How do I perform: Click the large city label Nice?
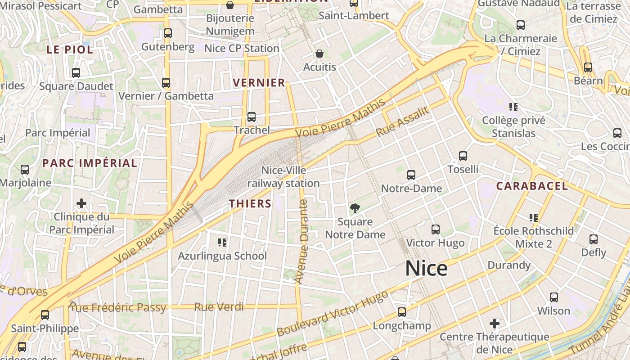426,269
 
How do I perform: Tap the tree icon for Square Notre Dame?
355,208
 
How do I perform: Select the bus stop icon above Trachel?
252,117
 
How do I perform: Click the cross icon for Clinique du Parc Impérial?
81,203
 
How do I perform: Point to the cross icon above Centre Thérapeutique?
495,323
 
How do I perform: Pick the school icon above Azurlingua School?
222,243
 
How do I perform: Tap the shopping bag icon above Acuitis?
319,54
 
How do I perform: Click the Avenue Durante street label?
301,241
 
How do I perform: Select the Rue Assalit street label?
403,122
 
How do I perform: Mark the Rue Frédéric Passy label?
117,308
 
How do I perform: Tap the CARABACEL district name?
531,186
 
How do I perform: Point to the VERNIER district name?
259,83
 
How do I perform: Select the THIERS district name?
250,203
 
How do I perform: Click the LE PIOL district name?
70,49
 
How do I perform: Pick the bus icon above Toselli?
463,156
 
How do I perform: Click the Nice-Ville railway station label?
283,177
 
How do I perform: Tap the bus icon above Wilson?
554,297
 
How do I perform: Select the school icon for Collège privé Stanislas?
513,107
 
